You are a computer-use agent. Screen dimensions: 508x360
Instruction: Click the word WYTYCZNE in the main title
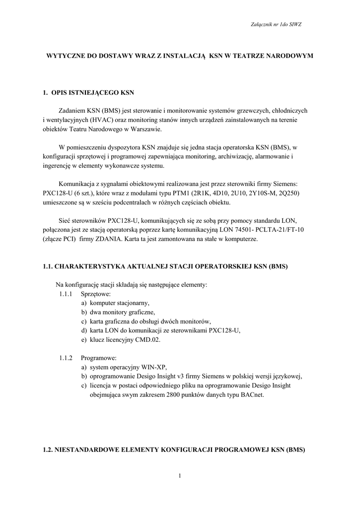coord(67,57)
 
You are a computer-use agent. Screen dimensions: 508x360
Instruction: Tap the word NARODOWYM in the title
coord(290,57)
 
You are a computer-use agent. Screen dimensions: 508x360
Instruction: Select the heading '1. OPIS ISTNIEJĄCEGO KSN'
coord(88,92)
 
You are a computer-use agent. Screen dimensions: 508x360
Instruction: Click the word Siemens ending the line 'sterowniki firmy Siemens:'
coord(296,184)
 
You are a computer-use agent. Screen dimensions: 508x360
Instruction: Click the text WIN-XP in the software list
coord(151,367)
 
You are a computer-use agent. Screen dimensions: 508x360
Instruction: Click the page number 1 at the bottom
coord(180,476)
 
